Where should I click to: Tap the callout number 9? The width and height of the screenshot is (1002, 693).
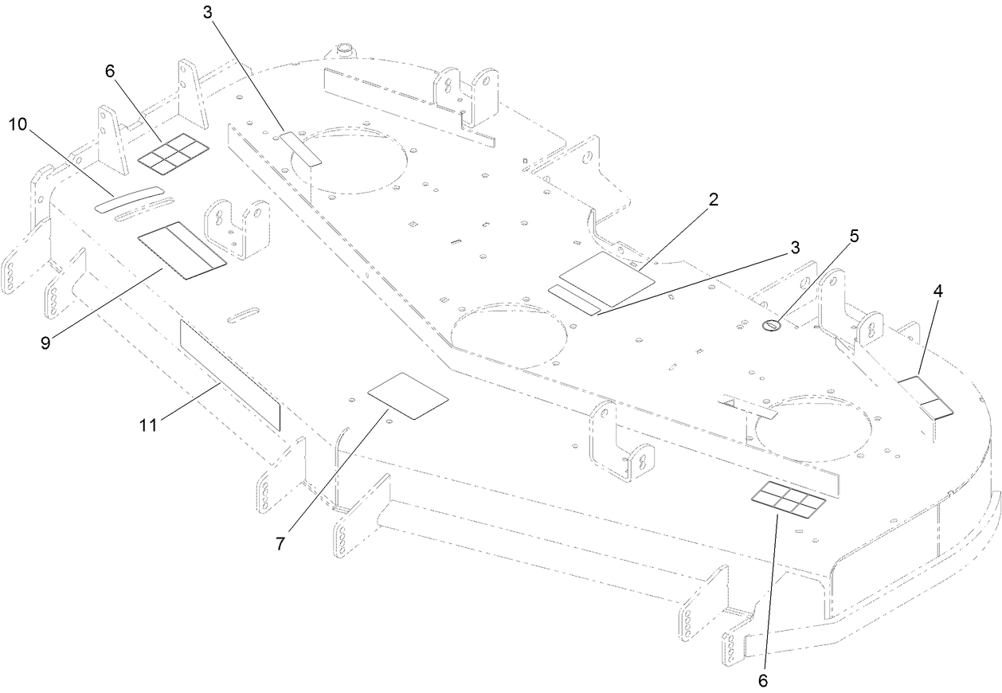tap(45, 343)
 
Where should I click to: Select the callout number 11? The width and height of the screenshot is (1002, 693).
tap(147, 425)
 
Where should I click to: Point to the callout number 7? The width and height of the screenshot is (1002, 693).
tap(281, 545)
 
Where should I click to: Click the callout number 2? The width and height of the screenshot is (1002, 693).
tap(714, 199)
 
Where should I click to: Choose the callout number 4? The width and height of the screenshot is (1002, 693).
tap(938, 292)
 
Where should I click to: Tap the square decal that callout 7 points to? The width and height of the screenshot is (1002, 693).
tap(409, 395)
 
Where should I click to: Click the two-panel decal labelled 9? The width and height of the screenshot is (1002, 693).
tap(182, 250)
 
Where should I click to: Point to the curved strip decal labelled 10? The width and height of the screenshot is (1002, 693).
tap(128, 198)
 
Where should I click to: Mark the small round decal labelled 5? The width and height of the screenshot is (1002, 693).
tap(771, 324)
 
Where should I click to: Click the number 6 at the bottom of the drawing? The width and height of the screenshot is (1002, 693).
tap(763, 681)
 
